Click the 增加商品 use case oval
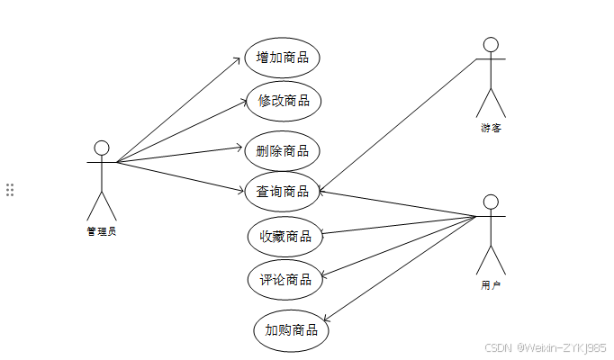click(283, 58)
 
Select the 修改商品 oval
click(283, 101)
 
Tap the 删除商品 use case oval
click(283, 150)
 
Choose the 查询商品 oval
click(283, 191)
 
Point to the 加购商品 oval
click(291, 330)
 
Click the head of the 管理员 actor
click(102, 148)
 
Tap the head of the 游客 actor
click(491, 44)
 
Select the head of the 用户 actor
click(491, 202)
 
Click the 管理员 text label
click(102, 230)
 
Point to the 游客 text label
click(491, 128)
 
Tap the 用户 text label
click(491, 285)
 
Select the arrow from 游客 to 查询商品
click(396, 124)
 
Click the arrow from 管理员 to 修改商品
click(180, 132)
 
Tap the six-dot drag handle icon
click(10, 190)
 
